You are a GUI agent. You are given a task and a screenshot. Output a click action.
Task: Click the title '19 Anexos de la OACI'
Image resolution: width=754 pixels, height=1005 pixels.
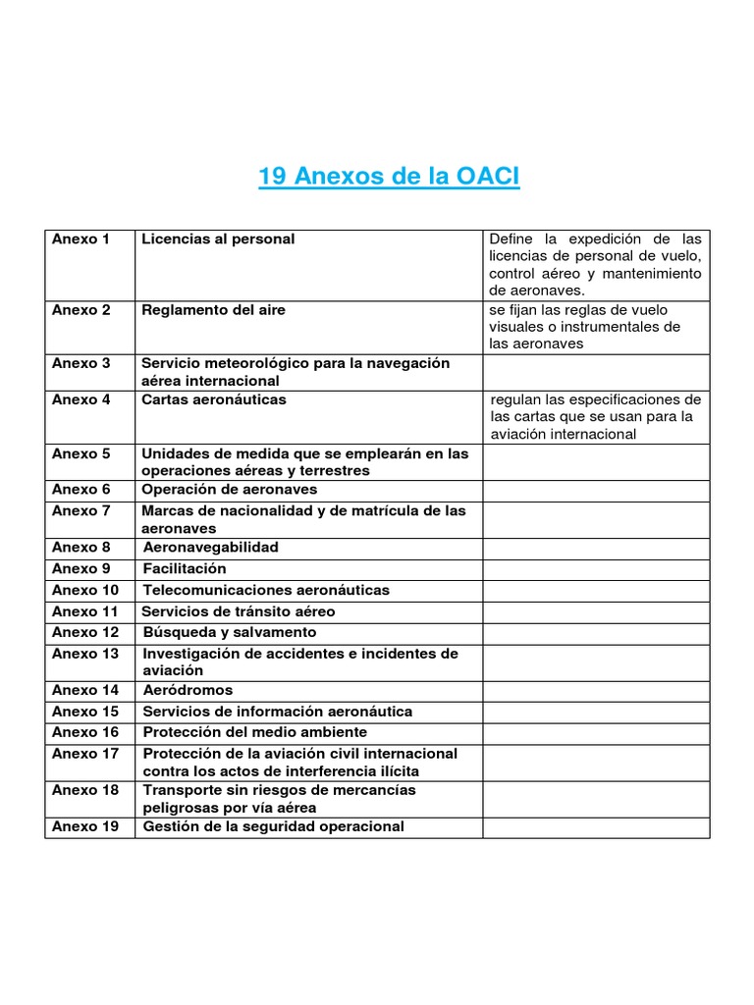[x=389, y=177]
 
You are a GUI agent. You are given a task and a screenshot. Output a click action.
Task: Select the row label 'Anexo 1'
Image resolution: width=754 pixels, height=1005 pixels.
[x=81, y=239]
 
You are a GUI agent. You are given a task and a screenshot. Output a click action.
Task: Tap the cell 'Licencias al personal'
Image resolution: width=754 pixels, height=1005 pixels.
[x=218, y=239]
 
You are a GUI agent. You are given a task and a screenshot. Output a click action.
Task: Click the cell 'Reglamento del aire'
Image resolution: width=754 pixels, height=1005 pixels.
[x=213, y=310]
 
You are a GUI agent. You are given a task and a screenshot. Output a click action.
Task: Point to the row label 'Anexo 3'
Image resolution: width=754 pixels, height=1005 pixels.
[x=81, y=363]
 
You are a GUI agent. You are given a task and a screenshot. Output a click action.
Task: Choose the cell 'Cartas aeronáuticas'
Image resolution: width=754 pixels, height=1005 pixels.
[x=214, y=399]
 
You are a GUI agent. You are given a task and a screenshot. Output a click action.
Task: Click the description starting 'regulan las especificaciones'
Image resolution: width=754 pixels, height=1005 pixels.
[x=595, y=417]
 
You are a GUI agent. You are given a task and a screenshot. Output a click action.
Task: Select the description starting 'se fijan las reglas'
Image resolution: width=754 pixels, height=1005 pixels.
[x=585, y=327]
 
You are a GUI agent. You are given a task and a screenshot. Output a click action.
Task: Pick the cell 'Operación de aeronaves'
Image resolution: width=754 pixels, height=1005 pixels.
[x=230, y=489]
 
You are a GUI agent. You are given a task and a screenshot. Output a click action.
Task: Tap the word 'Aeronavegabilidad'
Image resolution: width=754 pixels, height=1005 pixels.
[x=211, y=547]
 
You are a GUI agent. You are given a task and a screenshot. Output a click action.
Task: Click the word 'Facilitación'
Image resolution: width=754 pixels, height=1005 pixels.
[x=185, y=568]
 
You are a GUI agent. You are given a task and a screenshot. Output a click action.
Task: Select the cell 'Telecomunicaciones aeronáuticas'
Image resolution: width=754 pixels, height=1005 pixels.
[x=266, y=590]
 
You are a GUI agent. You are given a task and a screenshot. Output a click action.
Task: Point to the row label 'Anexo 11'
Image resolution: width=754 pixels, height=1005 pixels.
[x=85, y=611]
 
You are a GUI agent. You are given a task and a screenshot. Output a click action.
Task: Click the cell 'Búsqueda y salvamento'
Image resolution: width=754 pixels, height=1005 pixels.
[x=230, y=632]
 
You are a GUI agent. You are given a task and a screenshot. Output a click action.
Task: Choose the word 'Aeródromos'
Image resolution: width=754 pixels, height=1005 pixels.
[x=188, y=690]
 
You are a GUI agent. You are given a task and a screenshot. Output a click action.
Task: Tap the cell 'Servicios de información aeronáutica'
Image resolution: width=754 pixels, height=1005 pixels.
[x=278, y=712]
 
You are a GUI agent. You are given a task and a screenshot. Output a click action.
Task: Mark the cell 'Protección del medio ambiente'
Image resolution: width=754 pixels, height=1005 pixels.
[x=255, y=732]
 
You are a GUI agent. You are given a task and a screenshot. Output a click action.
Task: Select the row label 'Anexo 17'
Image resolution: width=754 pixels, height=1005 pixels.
[x=85, y=754]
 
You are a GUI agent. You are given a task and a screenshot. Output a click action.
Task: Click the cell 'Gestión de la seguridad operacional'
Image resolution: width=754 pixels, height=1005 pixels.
[x=273, y=826]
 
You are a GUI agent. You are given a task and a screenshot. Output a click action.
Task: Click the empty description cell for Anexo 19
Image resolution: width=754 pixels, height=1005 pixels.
[x=595, y=827]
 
